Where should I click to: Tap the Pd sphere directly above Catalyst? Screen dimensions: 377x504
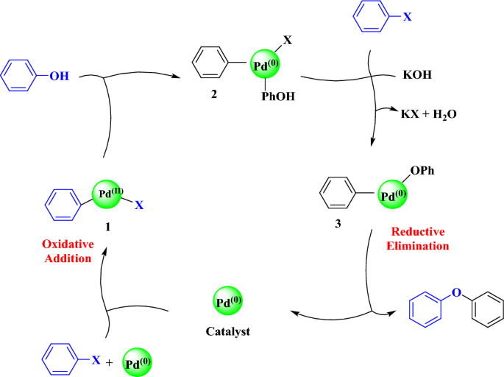227,302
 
